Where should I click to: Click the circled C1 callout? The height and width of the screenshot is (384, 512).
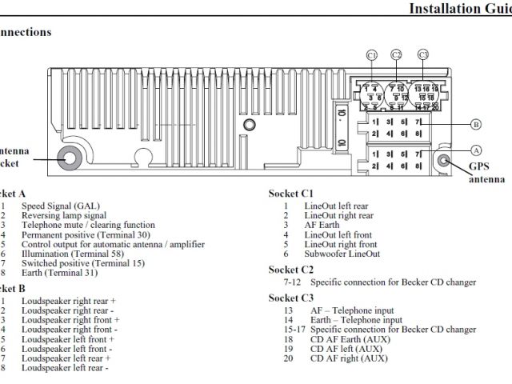click(371, 55)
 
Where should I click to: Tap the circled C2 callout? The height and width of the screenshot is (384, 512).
click(397, 55)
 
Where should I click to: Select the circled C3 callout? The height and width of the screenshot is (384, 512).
click(423, 55)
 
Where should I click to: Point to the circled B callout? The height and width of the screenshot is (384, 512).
click(475, 124)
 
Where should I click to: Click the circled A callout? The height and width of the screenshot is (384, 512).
click(475, 150)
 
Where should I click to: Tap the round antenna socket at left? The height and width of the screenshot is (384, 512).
click(68, 156)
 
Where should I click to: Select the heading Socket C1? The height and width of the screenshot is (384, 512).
click(290, 194)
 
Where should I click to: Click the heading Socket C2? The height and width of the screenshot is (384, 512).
click(290, 270)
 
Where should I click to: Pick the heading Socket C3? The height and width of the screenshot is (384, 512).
click(290, 298)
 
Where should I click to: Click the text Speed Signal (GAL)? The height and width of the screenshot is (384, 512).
click(62, 206)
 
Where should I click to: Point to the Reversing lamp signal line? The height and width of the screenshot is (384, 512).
click(64, 215)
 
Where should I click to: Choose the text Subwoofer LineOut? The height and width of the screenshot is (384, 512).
click(342, 254)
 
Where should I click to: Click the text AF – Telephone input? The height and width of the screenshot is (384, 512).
click(351, 310)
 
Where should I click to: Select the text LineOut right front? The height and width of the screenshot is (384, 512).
click(340, 244)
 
